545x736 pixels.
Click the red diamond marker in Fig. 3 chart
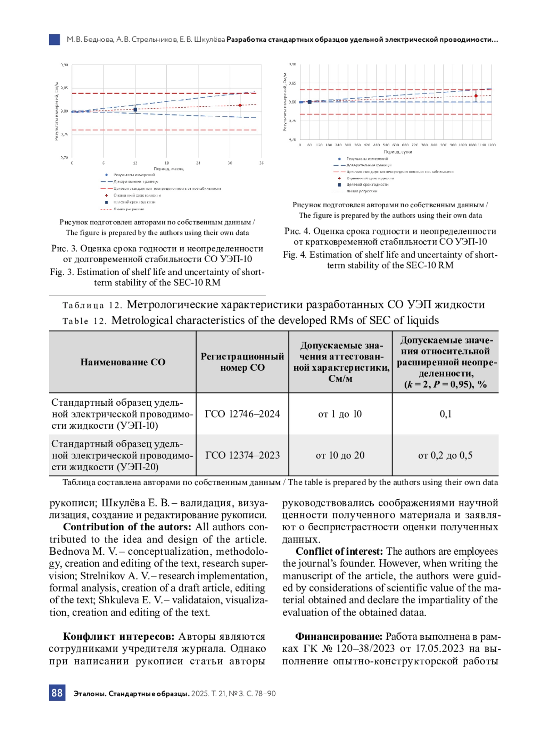coord(240,105)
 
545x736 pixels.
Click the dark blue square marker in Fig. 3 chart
coord(135,109)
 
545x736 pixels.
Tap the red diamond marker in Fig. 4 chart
coord(476,96)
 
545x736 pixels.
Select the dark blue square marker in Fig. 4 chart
coord(310,102)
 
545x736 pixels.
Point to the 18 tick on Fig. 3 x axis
coord(167,163)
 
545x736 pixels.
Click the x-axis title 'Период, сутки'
coord(398,152)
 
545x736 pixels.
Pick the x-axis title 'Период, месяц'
coord(168,169)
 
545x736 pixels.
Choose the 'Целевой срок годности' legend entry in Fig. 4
coord(367,185)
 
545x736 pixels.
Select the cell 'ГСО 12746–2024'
coord(242,414)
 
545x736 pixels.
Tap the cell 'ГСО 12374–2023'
coord(242,455)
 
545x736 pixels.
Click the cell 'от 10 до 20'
coord(340,455)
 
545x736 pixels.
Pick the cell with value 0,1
coord(446,414)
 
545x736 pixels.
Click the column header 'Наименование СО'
coord(123,362)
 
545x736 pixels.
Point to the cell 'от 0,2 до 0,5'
coord(445,455)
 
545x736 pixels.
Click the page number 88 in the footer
coord(57,693)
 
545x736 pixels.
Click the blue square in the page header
coord(54,40)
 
